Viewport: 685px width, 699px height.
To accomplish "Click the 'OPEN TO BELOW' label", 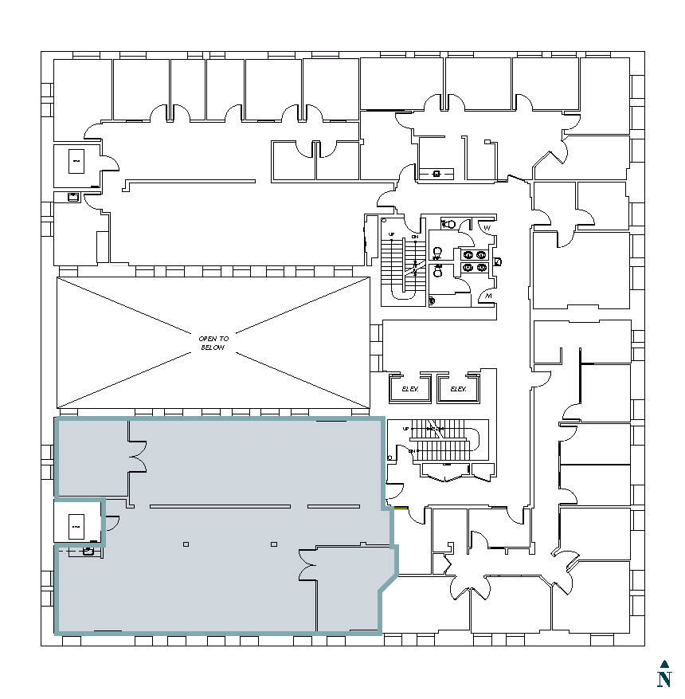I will (x=213, y=344).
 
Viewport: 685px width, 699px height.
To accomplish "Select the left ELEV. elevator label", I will (x=409, y=389).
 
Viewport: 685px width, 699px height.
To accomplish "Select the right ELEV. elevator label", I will (x=458, y=389).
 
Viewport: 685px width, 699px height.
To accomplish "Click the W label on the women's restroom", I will (x=487, y=228).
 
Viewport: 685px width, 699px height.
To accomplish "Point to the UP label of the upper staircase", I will (x=391, y=234).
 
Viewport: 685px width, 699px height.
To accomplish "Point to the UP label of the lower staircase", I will (x=406, y=429).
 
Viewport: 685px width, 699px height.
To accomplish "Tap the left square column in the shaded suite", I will (x=186, y=544).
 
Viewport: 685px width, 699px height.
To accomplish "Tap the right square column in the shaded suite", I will (x=274, y=544).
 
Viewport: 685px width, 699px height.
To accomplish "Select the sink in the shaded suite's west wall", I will (x=88, y=550).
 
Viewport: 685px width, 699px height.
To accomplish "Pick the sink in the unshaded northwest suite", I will (x=73, y=197).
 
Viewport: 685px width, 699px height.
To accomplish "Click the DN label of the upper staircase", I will (x=415, y=238).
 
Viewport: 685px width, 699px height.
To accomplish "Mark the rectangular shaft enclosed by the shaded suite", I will (x=76, y=526).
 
